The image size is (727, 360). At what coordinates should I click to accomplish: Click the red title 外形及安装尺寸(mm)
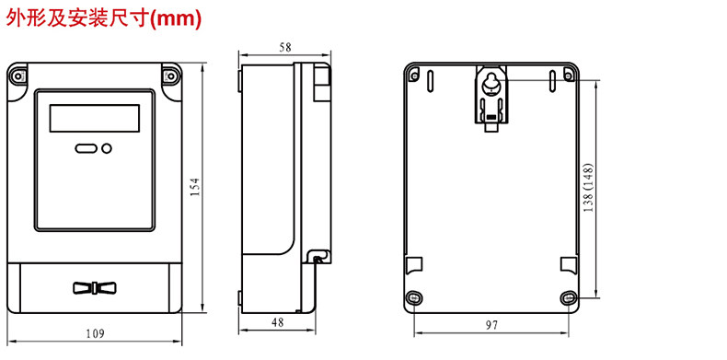103,18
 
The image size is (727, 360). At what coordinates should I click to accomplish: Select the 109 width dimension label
95,333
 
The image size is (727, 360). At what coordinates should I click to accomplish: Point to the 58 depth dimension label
285,47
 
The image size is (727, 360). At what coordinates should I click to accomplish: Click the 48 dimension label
277,322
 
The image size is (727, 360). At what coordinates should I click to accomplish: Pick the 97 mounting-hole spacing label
492,325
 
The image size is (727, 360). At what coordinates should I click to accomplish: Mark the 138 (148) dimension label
588,188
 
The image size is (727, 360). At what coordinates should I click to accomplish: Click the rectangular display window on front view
95,118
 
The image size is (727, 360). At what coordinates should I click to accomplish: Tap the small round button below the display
107,148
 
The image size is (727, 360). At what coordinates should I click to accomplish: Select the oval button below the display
86,148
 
